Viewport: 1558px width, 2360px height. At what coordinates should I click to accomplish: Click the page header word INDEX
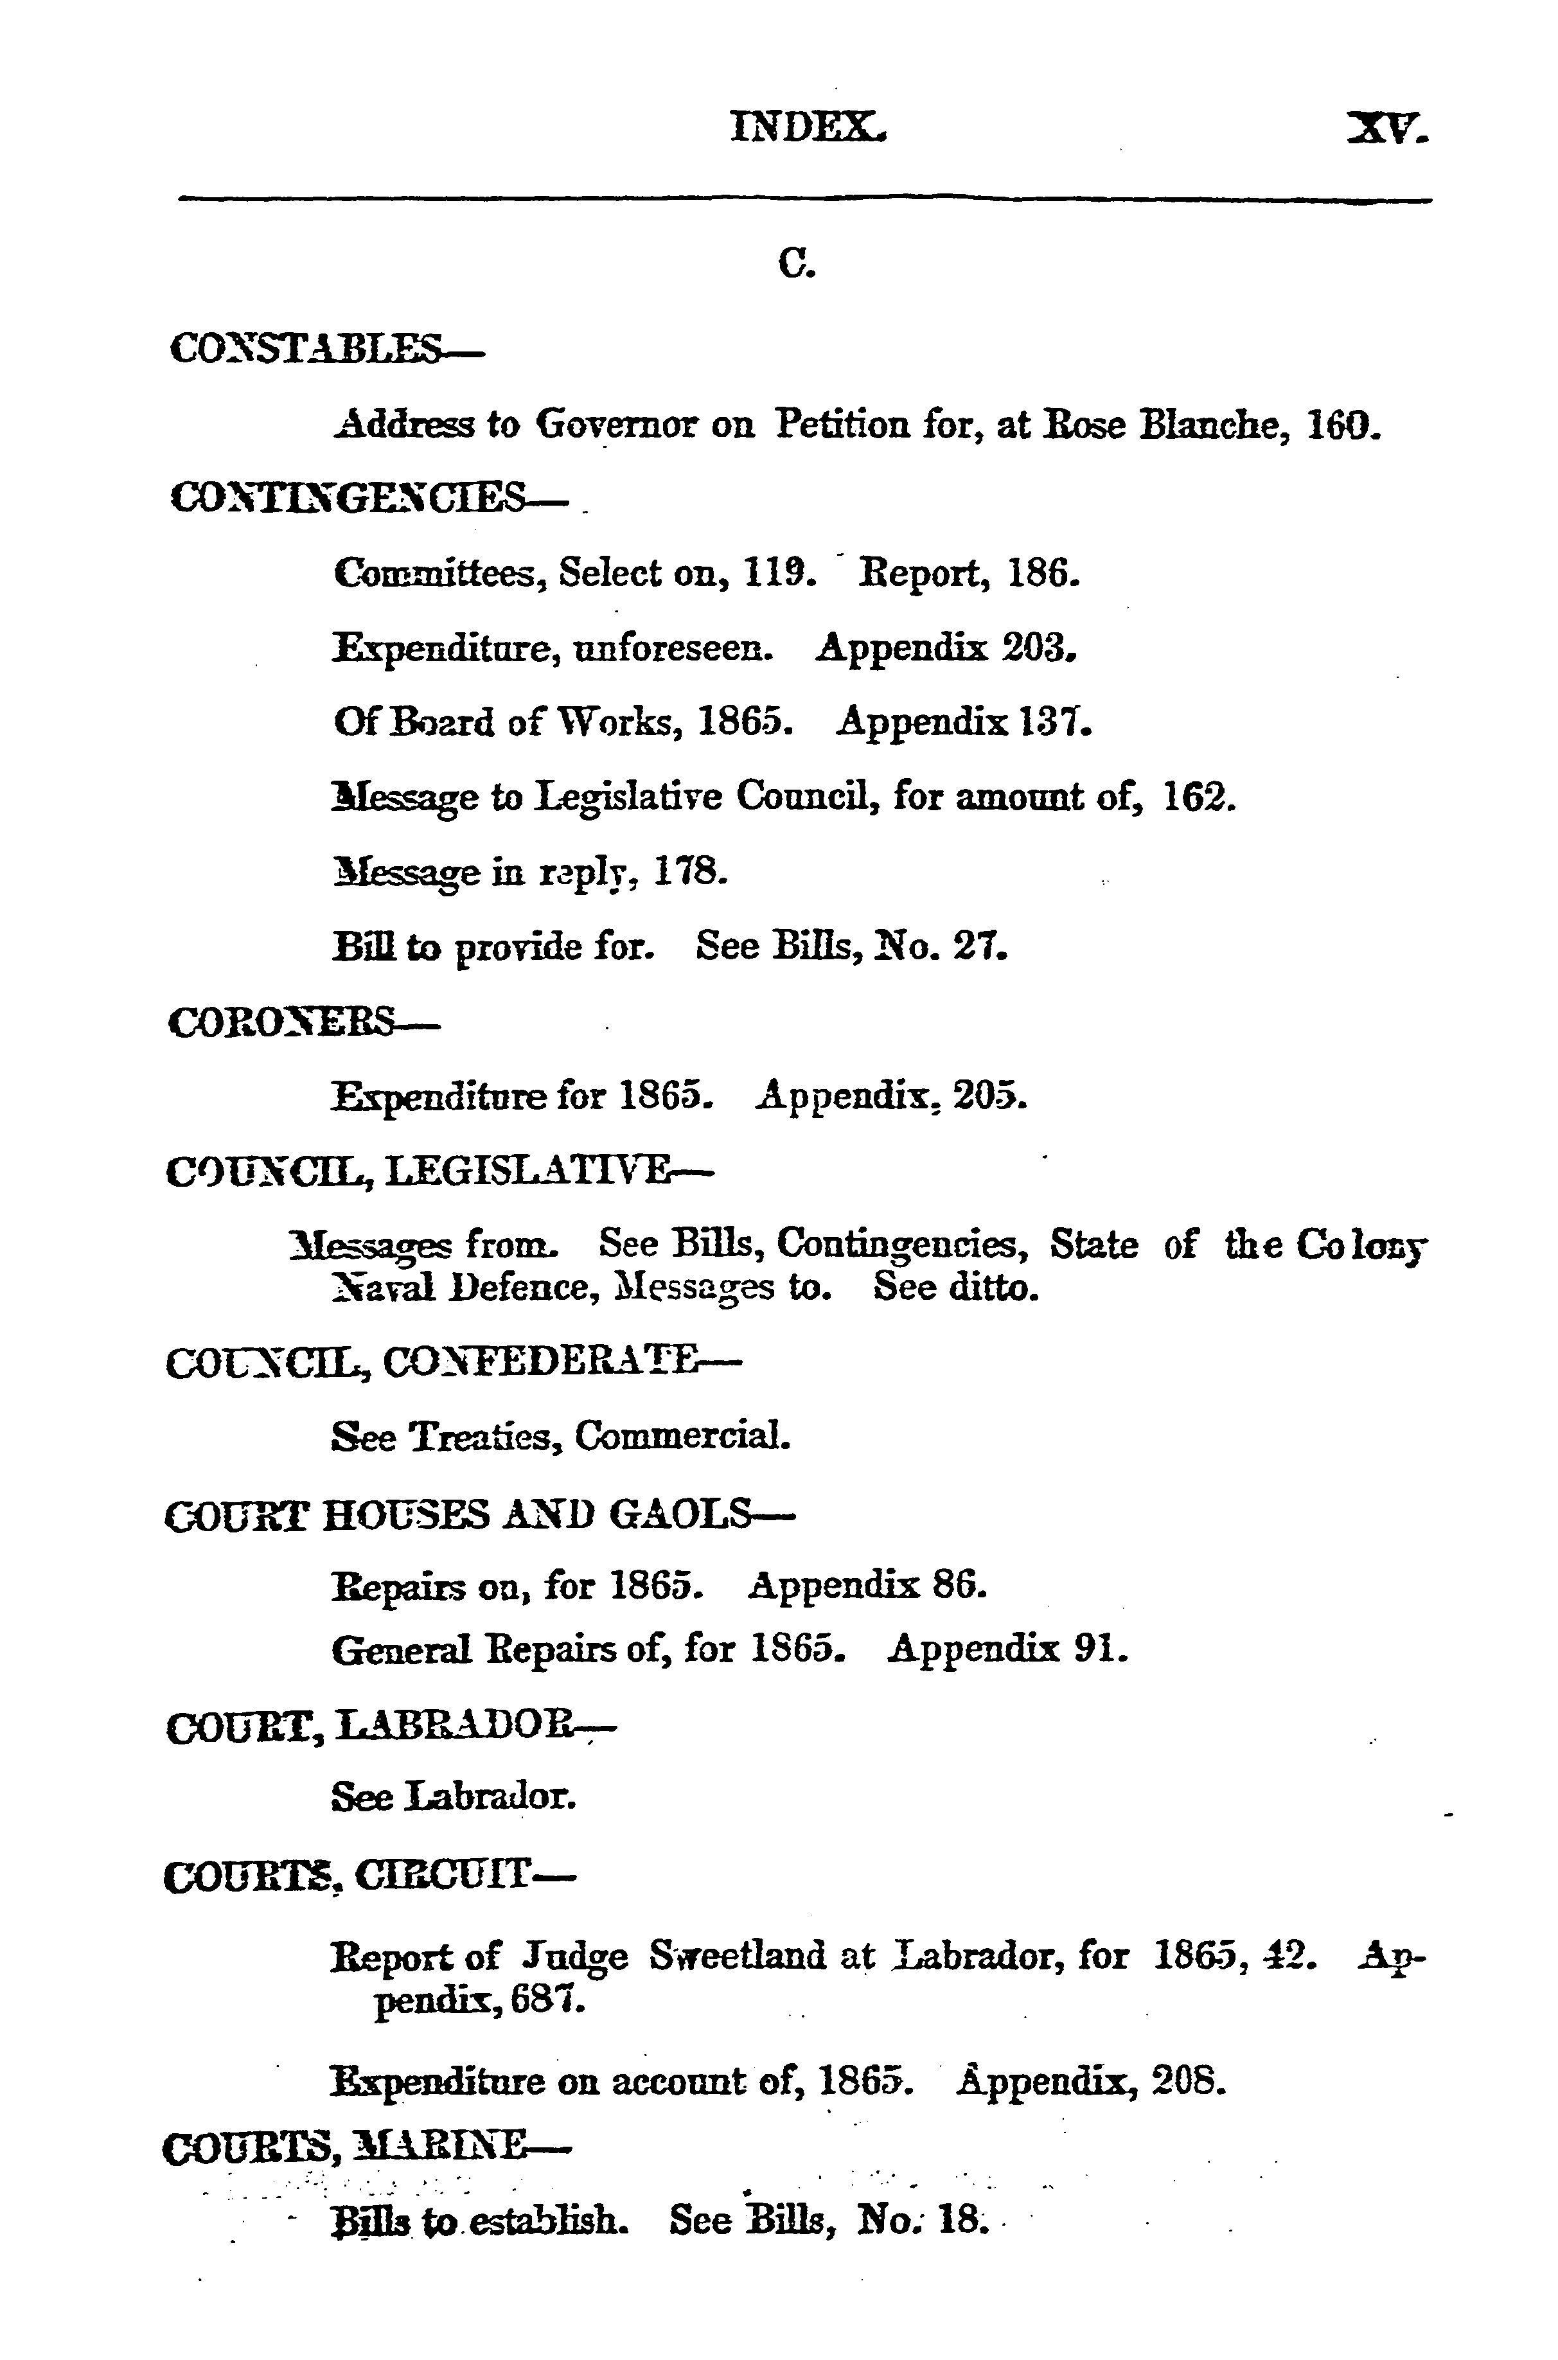click(808, 127)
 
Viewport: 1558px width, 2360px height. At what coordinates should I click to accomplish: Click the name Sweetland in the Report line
click(738, 1956)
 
